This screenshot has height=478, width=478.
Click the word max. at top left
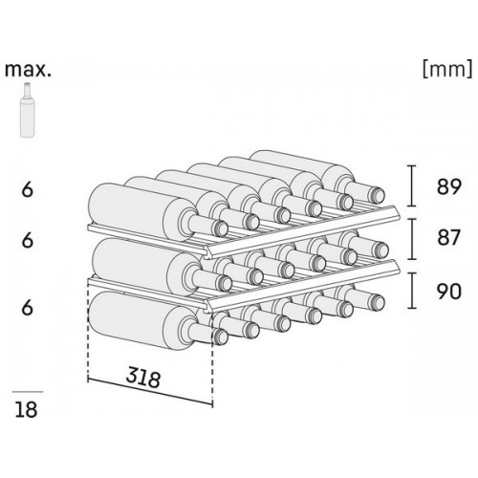coord(28,70)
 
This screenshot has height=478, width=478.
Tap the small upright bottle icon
coord(28,110)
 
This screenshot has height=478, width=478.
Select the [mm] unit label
coord(447,69)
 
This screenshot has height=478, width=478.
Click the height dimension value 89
coord(448,186)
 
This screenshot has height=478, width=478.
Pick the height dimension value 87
coord(448,238)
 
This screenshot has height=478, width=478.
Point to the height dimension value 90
coord(448,292)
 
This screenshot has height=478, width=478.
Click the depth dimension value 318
coord(142,377)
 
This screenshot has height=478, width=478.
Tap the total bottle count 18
coord(26,409)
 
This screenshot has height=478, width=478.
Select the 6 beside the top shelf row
coord(28,189)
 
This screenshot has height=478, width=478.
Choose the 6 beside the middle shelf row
coord(28,240)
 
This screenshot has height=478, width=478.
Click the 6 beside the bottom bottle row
coord(28,308)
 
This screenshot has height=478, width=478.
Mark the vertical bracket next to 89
coord(412,185)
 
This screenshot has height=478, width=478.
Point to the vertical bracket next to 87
coord(412,239)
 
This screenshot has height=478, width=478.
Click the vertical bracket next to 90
coord(412,291)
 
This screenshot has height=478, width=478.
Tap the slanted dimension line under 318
coord(150,392)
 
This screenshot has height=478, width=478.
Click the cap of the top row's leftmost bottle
coord(221,228)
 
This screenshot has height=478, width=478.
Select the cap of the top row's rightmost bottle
coord(378,195)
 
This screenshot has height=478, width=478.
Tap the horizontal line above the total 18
coord(28,392)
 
